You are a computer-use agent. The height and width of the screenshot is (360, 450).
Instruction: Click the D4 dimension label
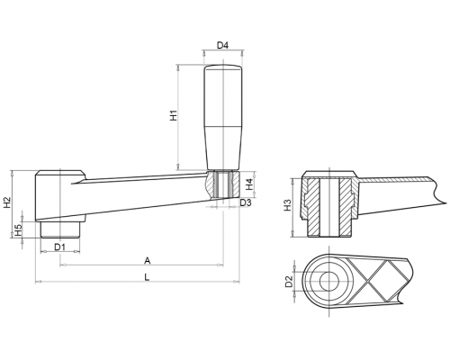pyautogui.click(x=222, y=46)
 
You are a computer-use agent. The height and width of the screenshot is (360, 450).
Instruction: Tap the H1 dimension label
pyautogui.click(x=174, y=116)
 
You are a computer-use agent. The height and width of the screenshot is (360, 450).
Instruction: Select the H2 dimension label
pyautogui.click(x=7, y=202)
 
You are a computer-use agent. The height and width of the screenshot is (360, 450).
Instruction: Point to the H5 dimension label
pyautogui.click(x=19, y=229)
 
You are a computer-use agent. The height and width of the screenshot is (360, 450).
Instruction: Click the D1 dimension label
pyautogui.click(x=59, y=247)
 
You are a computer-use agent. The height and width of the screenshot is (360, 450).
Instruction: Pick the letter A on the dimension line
pyautogui.click(x=147, y=260)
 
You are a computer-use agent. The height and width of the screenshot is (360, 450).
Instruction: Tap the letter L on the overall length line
pyautogui.click(x=147, y=277)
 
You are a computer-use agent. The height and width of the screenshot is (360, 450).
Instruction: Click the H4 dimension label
pyautogui.click(x=249, y=184)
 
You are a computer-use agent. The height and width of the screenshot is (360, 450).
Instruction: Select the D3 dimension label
pyautogui.click(x=246, y=202)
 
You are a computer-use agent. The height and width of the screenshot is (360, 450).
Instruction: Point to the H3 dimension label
pyautogui.click(x=288, y=205)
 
